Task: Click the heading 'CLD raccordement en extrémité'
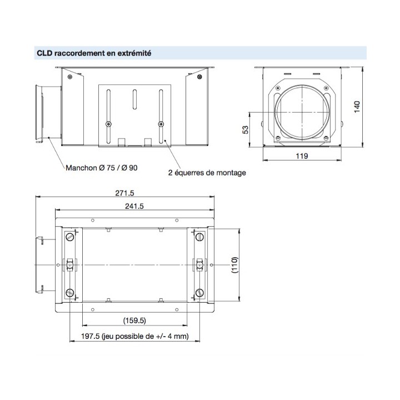point(94,53)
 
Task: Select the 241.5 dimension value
point(133,206)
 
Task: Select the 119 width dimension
point(302,156)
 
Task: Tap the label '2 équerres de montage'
point(207,172)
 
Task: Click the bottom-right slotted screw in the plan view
point(199,292)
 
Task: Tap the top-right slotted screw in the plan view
point(199,237)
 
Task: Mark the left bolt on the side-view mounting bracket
point(109,123)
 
